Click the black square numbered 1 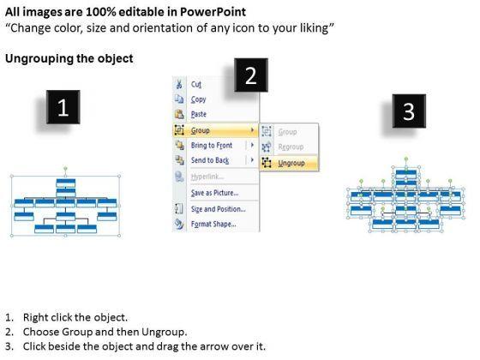[x=63, y=107]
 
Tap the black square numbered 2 [x=251, y=75]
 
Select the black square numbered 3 [x=409, y=111]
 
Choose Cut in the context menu [x=196, y=84]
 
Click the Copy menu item [x=198, y=99]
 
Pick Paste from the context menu [x=199, y=114]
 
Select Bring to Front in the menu [x=212, y=145]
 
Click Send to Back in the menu [x=210, y=160]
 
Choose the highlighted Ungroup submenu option [x=290, y=163]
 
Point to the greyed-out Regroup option [x=291, y=147]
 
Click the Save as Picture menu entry [x=214, y=193]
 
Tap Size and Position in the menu [x=219, y=209]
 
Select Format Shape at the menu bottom [x=213, y=224]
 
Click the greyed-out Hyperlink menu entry [x=207, y=177]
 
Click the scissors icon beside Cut [x=179, y=84]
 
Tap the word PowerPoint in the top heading [x=213, y=12]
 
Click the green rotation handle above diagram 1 [x=65, y=168]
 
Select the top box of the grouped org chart [x=66, y=183]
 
